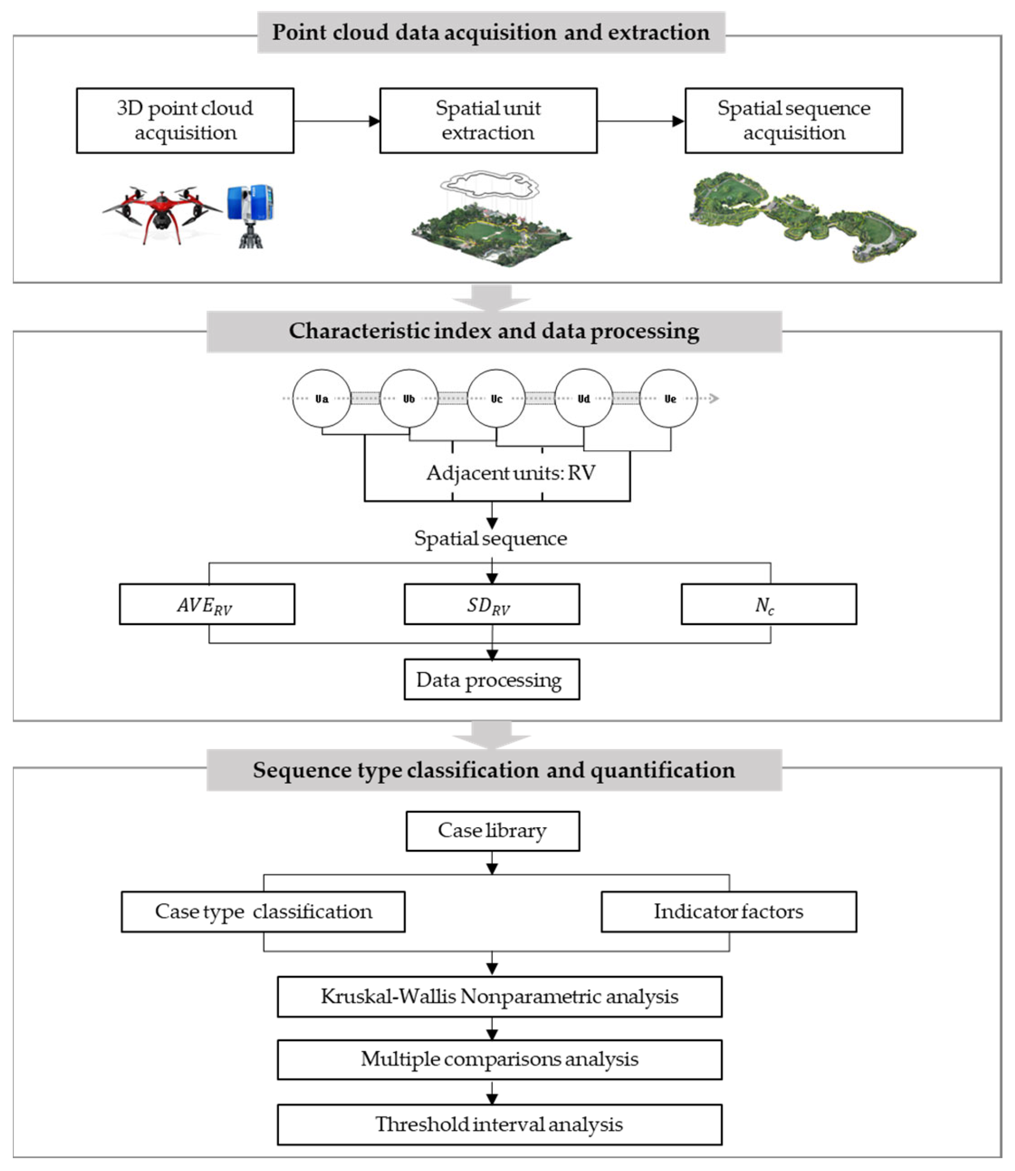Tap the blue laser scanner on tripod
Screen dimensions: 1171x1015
250,214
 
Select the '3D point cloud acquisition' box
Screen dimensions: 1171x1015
185,120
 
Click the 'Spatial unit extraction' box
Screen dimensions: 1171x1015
488,120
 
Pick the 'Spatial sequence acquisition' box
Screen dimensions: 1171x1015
794,120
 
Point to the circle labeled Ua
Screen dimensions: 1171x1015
322,399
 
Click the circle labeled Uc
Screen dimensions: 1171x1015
496,399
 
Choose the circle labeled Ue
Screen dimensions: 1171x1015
669,399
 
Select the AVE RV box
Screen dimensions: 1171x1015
207,604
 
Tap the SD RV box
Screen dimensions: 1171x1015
492,604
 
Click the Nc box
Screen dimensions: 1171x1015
769,604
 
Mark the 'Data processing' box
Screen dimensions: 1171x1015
492,679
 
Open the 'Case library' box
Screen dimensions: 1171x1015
493,831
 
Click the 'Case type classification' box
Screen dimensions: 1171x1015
264,911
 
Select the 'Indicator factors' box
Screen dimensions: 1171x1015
729,911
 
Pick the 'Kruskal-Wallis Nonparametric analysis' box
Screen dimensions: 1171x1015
500,996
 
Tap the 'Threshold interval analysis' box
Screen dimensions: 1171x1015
500,1124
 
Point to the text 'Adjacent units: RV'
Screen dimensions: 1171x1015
511,473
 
